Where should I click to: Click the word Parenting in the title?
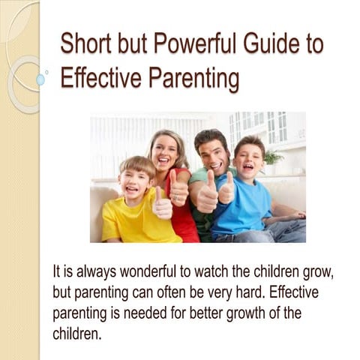pos(193,78)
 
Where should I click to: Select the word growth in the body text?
pos(242,311)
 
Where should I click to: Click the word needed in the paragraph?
pos(151,311)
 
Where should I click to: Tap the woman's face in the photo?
pos(167,151)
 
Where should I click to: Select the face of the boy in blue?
pos(249,158)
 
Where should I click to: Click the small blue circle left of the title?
pos(40,79)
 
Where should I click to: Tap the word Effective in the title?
pos(97,78)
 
